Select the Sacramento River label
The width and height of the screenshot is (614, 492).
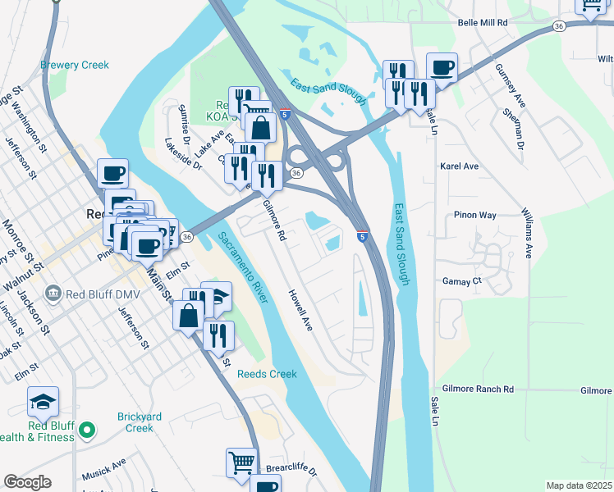pos(243,267)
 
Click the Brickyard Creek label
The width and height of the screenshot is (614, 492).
pos(124,422)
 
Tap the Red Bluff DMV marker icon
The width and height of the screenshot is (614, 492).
pos(54,292)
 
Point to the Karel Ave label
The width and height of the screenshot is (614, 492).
pos(460,166)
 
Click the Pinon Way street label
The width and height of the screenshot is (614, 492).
pos(475,215)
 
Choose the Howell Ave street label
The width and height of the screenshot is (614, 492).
pos(300,310)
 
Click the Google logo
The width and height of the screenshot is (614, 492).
pos(27,482)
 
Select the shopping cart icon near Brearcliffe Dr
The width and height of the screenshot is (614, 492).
pos(242,462)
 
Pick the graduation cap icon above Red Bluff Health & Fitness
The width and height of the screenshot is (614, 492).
pos(43,401)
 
